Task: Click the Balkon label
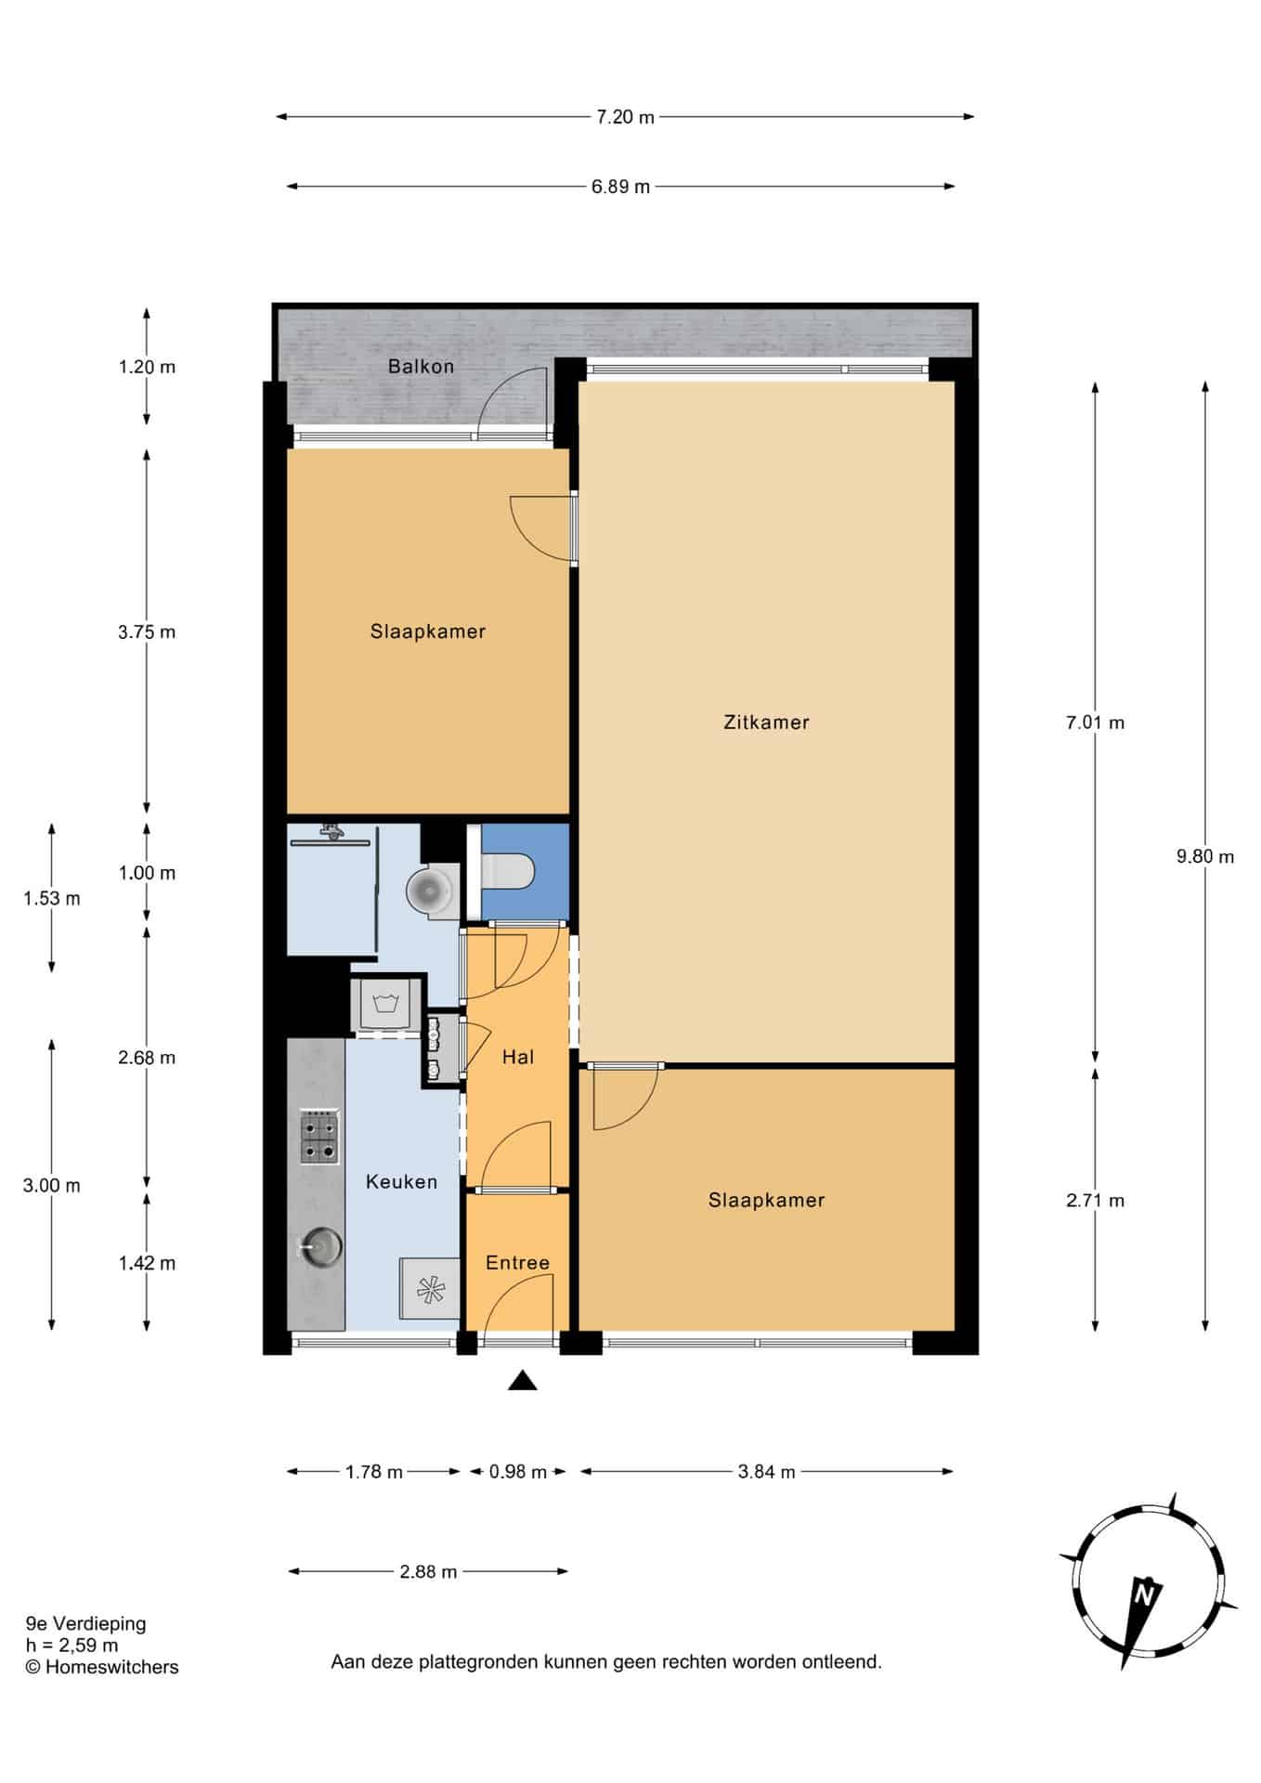(421, 366)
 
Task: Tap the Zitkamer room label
(766, 722)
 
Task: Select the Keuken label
(401, 1181)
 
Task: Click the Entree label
(517, 1262)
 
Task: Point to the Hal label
(517, 1056)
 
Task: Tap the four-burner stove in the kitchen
(319, 1137)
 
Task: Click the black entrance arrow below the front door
(523, 1380)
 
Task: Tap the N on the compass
(1144, 1595)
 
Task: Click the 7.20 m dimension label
(625, 117)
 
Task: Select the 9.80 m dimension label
(1205, 856)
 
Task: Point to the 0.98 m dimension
(518, 1471)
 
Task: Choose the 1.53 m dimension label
(52, 898)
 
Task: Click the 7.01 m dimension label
(1096, 722)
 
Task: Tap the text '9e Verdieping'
(86, 1623)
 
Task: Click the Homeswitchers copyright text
(102, 1667)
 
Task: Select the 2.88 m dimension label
(428, 1571)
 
